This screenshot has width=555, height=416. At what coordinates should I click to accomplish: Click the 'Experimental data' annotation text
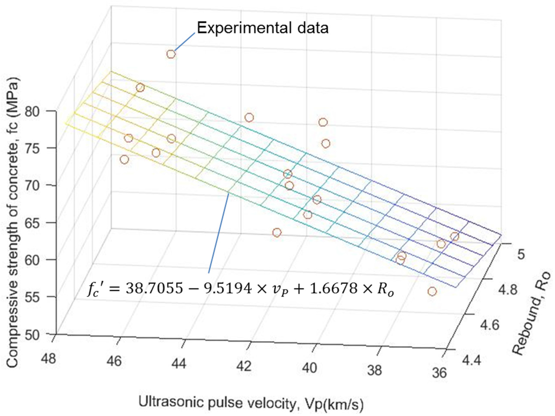[262, 28]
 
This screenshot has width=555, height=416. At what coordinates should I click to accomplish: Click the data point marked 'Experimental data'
[171, 54]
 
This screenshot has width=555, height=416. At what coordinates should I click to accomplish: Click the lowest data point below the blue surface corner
[432, 291]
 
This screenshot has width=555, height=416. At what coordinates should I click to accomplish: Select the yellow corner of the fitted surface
[66, 123]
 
